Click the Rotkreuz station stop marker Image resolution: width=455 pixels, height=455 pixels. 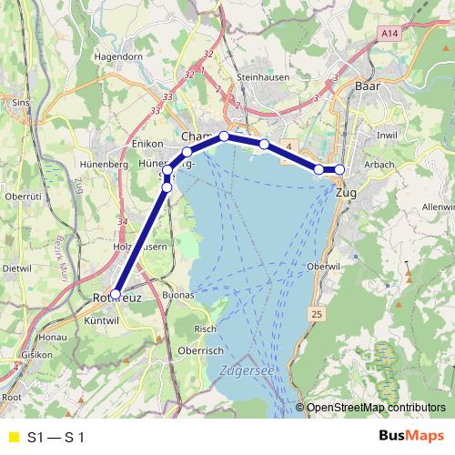[116, 293]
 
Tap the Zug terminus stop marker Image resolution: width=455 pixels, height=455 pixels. [340, 169]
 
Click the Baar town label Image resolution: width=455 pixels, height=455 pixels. [367, 87]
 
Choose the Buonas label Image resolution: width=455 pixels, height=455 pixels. [178, 296]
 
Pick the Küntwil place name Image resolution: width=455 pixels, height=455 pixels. [102, 320]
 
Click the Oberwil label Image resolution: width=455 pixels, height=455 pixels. [323, 266]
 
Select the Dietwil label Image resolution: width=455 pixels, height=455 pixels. [16, 269]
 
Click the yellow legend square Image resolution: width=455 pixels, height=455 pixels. [14, 437]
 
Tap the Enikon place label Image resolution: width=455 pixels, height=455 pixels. [147, 144]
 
